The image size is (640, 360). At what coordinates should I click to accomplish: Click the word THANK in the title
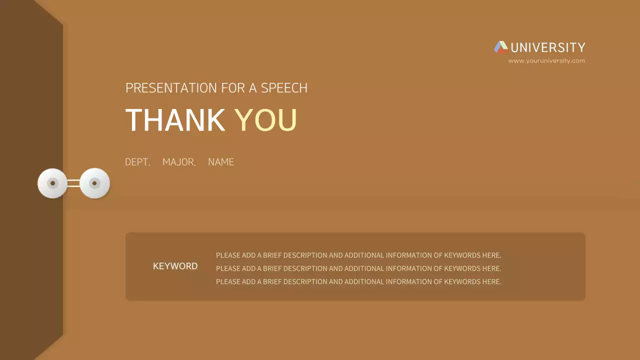[x=175, y=120]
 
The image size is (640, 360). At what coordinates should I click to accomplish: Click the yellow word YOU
[x=265, y=120]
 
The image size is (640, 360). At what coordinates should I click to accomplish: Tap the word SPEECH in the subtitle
[x=284, y=88]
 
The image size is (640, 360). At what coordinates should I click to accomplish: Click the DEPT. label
[x=137, y=162]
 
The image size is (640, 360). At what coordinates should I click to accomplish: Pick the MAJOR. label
[x=179, y=162]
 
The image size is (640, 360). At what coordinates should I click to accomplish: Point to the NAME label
[x=221, y=162]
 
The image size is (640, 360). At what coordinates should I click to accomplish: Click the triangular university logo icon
[x=500, y=47]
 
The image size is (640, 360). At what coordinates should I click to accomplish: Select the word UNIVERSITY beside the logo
[x=548, y=47]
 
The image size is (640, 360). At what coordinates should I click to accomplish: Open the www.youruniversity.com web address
[x=546, y=61]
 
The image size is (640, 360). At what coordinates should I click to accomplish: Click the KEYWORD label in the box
[x=175, y=266]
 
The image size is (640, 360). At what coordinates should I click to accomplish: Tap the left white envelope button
[x=52, y=183]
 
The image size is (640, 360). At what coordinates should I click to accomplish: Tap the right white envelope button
[x=94, y=183]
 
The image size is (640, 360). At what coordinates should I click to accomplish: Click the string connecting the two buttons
[x=73, y=183]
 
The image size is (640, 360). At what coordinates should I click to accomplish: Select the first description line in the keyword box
[x=358, y=255]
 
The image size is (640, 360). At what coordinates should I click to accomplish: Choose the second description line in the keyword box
[x=358, y=268]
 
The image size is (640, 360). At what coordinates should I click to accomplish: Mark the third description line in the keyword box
[x=358, y=281]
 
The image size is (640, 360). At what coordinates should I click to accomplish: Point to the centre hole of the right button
[x=94, y=183]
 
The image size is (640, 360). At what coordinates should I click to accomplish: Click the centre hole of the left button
[x=52, y=183]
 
